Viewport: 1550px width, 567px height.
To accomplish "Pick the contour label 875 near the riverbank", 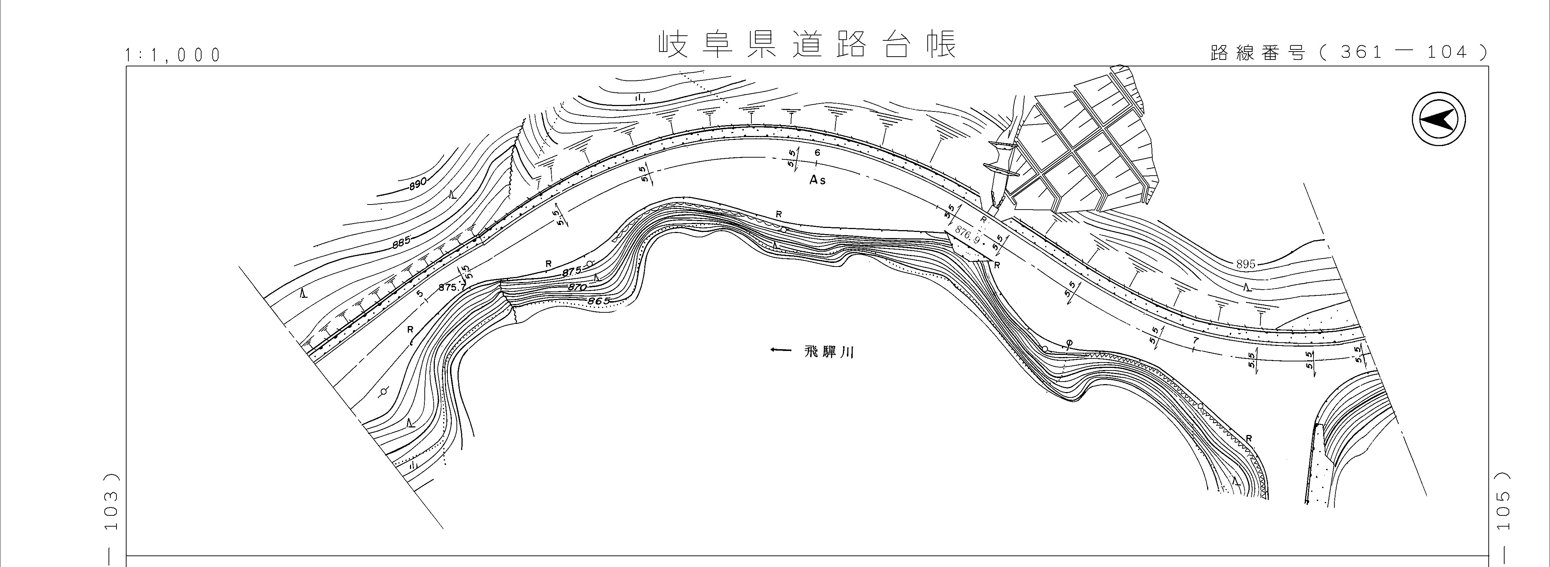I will point(571,272).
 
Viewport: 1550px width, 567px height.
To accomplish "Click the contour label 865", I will point(598,300).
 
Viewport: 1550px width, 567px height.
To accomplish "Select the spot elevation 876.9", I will point(968,235).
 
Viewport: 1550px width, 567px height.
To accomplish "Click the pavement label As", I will point(817,180).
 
